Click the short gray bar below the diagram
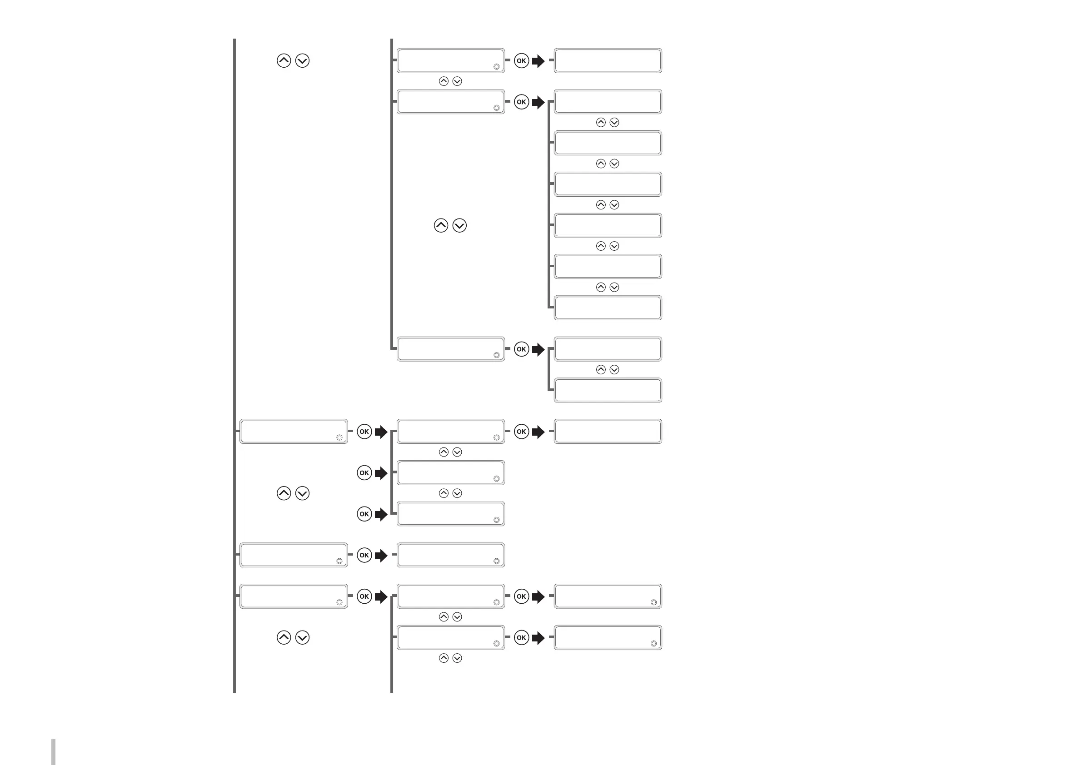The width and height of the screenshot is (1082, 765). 53,752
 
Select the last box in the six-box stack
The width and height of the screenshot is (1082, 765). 608,308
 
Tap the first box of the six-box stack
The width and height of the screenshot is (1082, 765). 608,102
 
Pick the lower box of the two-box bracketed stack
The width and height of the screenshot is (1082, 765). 608,391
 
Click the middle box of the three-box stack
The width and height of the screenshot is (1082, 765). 450,472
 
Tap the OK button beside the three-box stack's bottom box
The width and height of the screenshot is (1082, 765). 364,514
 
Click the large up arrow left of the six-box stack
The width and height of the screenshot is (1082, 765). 441,226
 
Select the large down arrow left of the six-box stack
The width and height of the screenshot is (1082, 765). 459,226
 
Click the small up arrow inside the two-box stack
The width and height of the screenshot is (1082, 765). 601,370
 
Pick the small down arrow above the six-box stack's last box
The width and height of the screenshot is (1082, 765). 614,288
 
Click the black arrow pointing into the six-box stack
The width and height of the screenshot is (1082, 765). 538,102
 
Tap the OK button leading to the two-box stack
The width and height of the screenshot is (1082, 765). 521,349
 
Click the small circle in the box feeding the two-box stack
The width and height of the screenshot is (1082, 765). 496,355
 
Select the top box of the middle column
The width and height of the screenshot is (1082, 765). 450,60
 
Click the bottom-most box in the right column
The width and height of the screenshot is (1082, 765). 608,637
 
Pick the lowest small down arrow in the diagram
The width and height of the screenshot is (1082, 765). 457,658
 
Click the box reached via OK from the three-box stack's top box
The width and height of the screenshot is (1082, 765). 608,432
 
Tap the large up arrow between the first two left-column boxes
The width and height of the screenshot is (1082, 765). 284,493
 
